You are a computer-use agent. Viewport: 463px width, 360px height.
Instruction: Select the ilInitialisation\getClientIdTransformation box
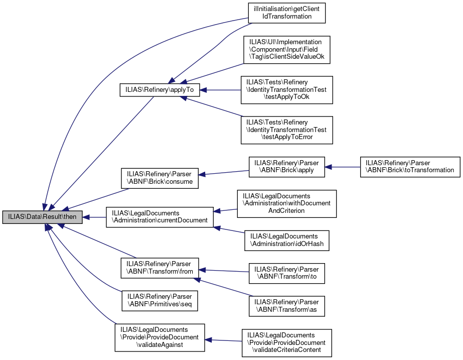(287, 13)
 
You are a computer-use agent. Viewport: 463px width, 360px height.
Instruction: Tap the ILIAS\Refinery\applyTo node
(160, 90)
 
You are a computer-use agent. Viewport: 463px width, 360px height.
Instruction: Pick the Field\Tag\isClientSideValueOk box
(287, 50)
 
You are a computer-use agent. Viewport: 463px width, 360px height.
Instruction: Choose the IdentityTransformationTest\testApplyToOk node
(287, 90)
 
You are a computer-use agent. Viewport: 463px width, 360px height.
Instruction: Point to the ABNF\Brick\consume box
(160, 177)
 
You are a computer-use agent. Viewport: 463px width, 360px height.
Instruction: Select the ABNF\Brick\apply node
(287, 167)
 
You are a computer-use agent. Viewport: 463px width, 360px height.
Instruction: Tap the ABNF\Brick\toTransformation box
(410, 167)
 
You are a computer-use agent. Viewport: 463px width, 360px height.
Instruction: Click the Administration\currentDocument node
(160, 217)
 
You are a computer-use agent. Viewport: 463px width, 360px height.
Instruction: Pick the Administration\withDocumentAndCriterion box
(286, 203)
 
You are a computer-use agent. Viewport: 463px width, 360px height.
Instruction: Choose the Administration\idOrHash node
(287, 241)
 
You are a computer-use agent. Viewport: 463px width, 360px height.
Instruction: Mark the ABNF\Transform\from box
(160, 268)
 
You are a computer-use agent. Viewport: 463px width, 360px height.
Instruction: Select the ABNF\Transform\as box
(287, 306)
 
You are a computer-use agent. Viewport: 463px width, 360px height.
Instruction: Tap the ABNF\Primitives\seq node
(160, 300)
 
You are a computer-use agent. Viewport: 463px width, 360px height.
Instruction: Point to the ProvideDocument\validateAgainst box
(160, 337)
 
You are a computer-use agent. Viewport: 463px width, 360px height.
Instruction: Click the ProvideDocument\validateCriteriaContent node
(287, 343)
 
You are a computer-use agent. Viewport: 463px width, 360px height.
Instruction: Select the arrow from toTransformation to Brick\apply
(343, 167)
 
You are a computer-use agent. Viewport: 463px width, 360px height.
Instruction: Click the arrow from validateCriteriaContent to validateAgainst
(224, 340)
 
